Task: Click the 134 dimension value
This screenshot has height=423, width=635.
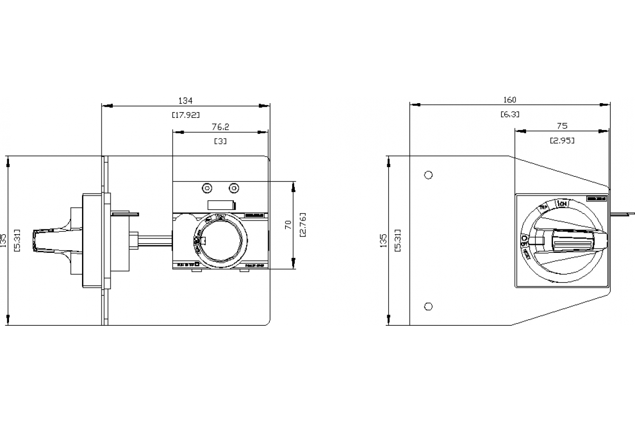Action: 185,100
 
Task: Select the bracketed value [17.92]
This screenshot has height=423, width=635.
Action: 186,115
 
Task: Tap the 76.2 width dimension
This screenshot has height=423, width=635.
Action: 220,127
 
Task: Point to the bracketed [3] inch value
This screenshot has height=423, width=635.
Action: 220,142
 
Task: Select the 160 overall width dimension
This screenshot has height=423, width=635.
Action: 510,100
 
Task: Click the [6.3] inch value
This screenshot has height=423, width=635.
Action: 510,114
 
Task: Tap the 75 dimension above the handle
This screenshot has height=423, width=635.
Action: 562,126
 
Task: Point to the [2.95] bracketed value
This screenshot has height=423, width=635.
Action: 562,140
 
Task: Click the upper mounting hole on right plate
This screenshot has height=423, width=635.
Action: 429,174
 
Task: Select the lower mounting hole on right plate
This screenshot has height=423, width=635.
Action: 429,306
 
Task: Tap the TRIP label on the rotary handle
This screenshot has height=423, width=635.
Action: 542,207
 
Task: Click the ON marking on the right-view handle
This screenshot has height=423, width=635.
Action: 561,204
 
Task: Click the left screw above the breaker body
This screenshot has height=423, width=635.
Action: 207,188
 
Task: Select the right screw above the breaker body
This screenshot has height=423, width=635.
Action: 234,188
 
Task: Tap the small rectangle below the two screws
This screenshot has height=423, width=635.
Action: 221,205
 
